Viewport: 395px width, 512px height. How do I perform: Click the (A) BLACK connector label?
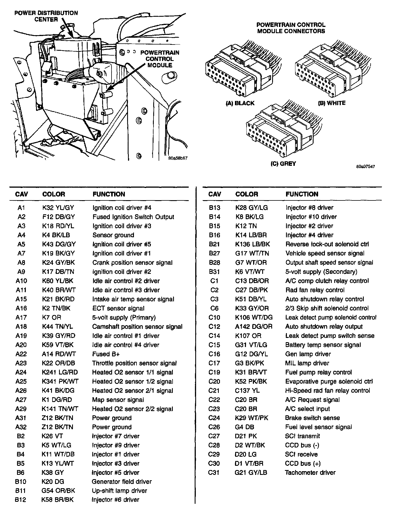point(240,103)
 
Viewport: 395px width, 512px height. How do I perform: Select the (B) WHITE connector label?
point(331,103)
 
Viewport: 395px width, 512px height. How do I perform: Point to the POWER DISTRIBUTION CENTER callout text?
point(46,16)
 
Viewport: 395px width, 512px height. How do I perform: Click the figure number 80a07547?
point(365,167)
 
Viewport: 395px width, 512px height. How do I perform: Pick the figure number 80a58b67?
point(178,158)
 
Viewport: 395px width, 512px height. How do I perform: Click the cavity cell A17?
point(21,318)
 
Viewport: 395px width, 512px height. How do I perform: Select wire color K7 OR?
point(52,318)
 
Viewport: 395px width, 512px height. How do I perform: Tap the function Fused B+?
point(106,354)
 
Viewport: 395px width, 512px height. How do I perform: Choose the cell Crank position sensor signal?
point(132,263)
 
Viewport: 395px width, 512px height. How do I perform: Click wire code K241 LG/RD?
point(60,372)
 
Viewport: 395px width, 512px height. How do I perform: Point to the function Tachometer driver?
point(310,473)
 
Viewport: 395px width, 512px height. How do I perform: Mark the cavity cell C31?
point(214,473)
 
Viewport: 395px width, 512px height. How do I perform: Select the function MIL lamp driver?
point(307,363)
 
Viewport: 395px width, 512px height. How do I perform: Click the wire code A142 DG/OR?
point(254,327)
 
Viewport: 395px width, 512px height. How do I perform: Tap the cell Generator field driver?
point(122,482)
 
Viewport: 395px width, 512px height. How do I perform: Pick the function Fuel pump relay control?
point(318,372)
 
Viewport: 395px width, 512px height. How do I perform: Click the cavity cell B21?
point(215,244)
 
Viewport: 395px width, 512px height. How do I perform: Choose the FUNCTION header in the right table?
point(302,194)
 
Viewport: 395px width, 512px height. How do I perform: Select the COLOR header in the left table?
point(54,194)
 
